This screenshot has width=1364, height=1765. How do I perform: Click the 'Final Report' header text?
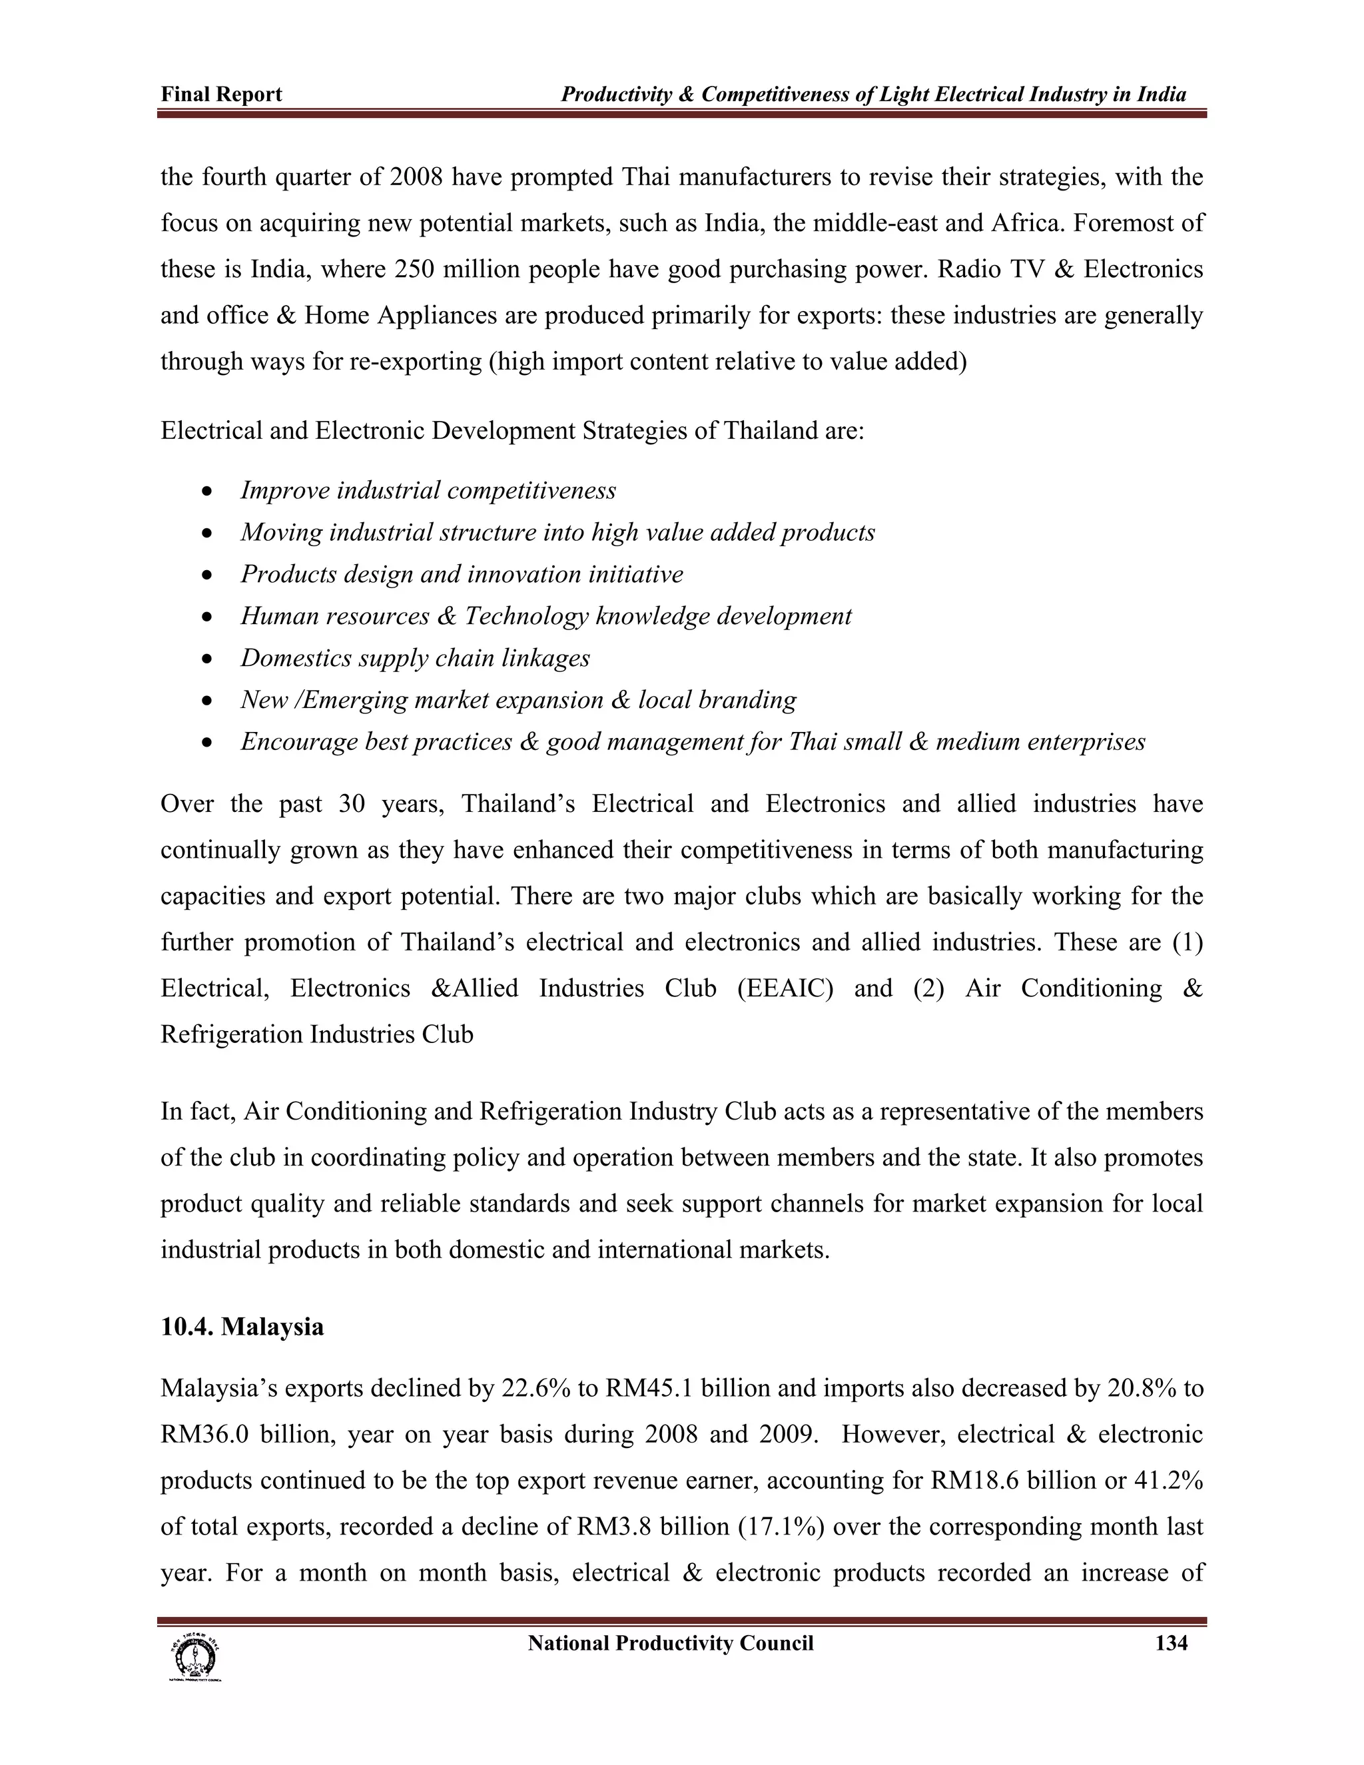pyautogui.click(x=221, y=95)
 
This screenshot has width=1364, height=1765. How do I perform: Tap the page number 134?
pyautogui.click(x=1171, y=1643)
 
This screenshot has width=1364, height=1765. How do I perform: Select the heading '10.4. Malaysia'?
pyautogui.click(x=242, y=1326)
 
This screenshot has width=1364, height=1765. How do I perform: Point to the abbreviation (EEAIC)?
pyautogui.click(x=784, y=988)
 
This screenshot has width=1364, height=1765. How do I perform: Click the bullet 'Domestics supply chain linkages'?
pyautogui.click(x=414, y=658)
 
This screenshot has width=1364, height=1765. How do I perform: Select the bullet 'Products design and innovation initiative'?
pyautogui.click(x=462, y=573)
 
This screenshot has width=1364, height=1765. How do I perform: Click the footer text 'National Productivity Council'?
pyautogui.click(x=670, y=1643)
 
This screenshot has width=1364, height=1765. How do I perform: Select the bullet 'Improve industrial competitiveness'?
pyautogui.click(x=428, y=491)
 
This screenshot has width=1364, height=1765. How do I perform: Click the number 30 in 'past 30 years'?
pyautogui.click(x=352, y=803)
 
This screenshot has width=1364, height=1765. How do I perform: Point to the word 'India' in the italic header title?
pyautogui.click(x=1161, y=95)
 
